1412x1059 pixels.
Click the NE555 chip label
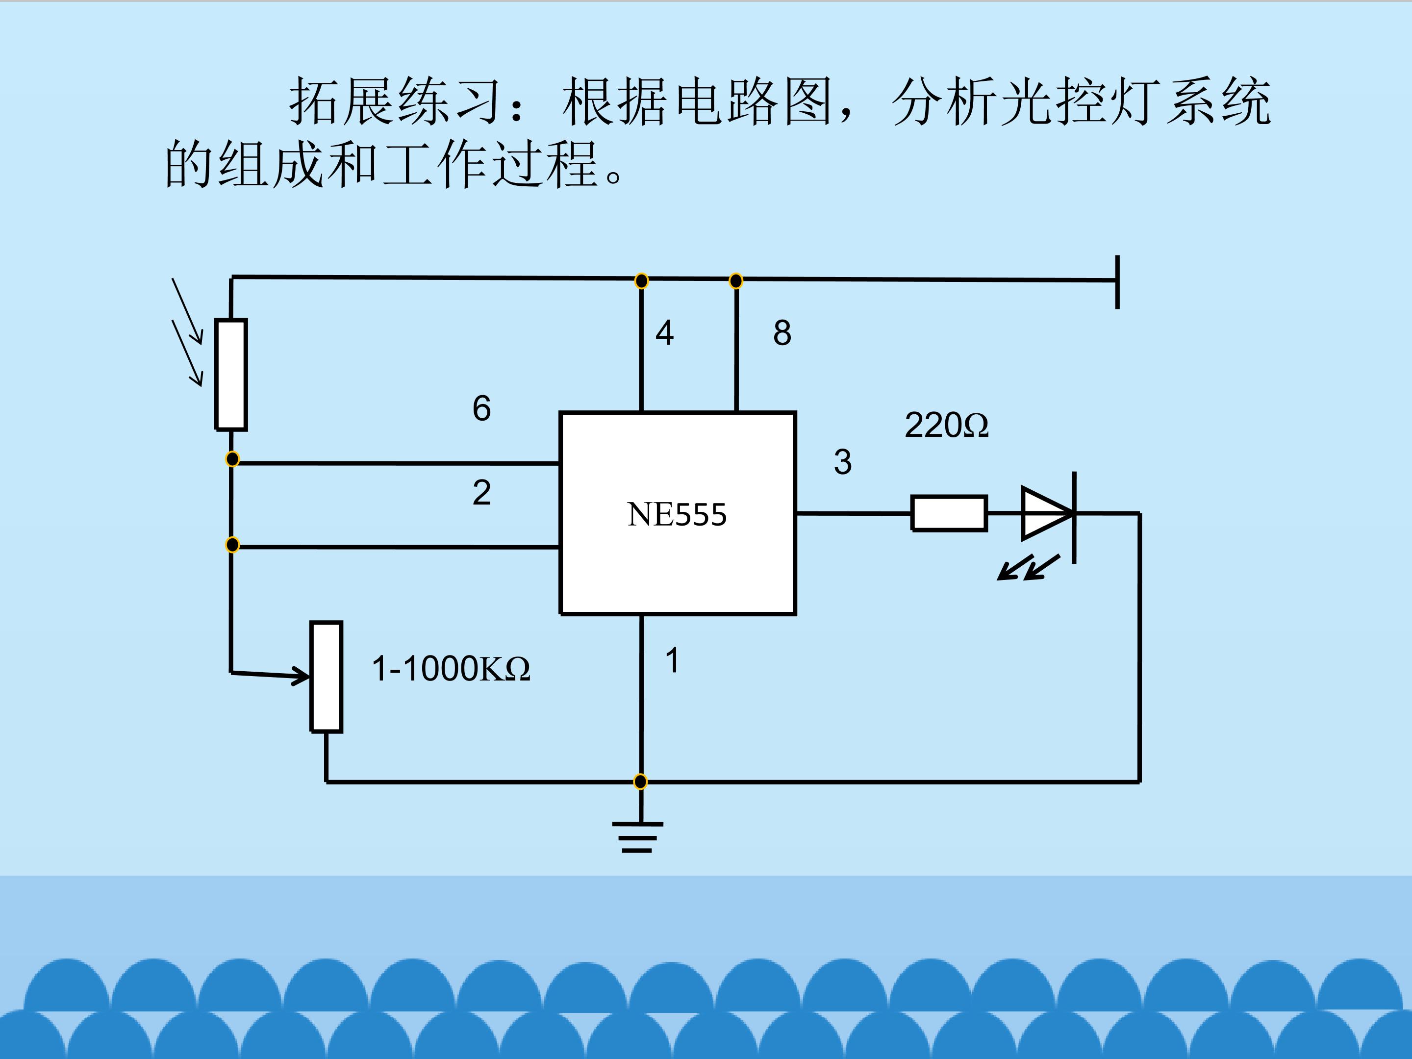(x=677, y=514)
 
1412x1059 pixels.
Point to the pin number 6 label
(x=481, y=408)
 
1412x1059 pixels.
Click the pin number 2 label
(x=481, y=492)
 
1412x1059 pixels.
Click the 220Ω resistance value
(x=946, y=425)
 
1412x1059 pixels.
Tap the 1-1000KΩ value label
(x=451, y=669)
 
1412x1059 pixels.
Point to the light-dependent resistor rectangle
(x=231, y=375)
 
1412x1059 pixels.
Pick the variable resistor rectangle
(x=326, y=677)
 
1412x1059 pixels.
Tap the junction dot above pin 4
(x=641, y=281)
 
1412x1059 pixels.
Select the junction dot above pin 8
(x=736, y=281)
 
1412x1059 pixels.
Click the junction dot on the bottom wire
(x=640, y=782)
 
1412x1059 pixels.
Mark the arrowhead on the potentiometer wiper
(x=302, y=676)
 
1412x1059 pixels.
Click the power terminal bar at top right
(x=1117, y=281)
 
